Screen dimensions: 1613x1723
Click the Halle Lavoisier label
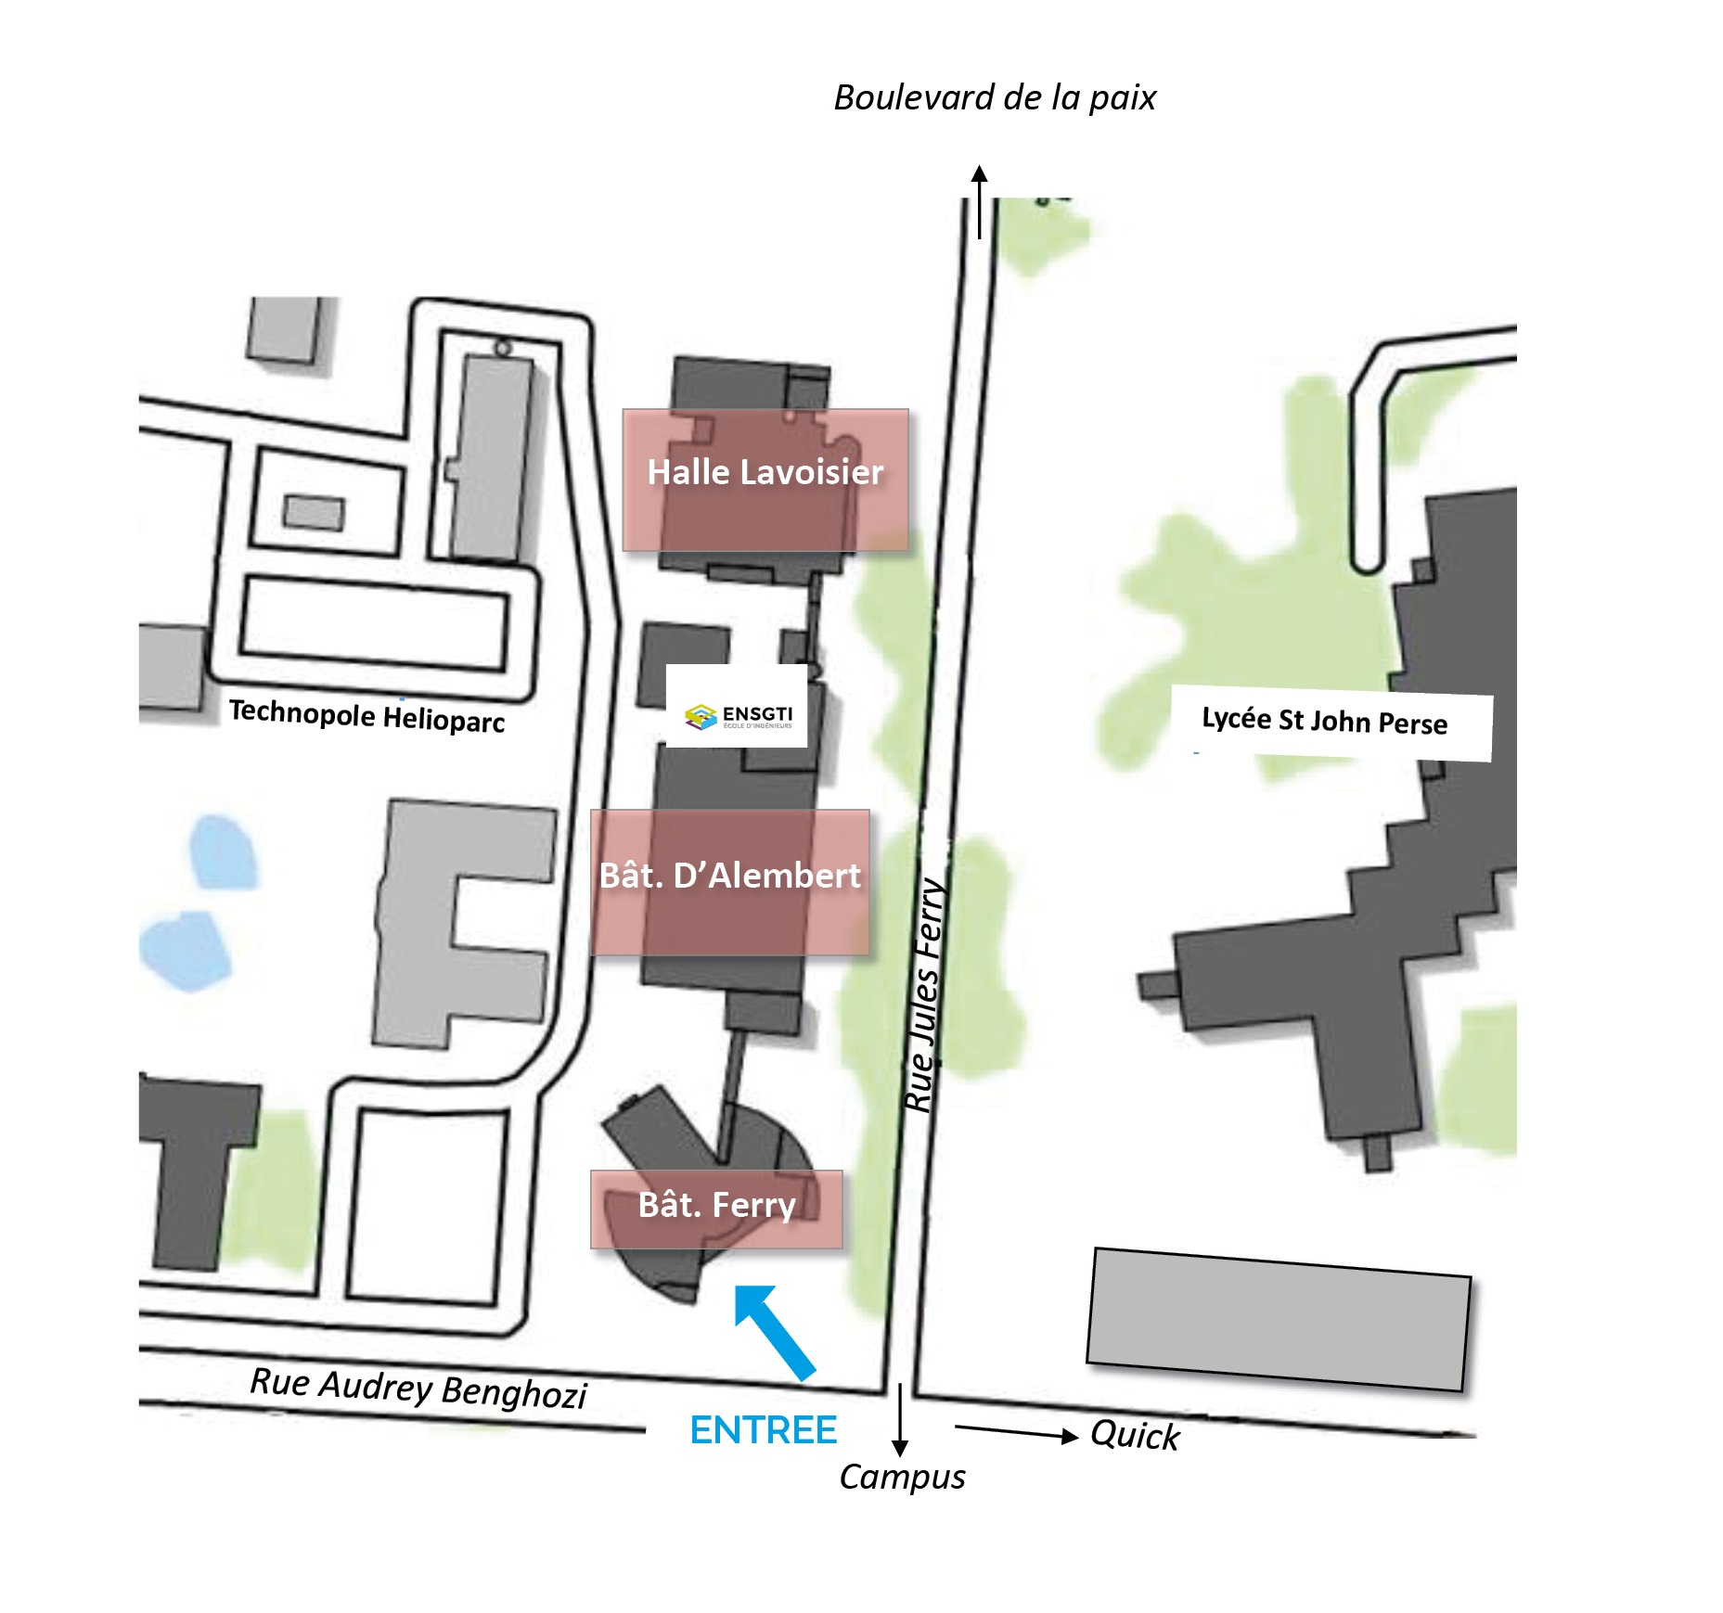(765, 473)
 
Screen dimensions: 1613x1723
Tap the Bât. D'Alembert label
(729, 877)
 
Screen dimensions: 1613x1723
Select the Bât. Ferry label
(716, 1206)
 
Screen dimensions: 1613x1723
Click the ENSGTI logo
(737, 715)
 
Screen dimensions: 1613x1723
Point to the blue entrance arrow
(774, 1331)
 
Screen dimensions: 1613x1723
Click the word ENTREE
(763, 1431)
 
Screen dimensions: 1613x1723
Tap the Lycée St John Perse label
(1324, 721)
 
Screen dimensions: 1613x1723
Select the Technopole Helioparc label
(366, 715)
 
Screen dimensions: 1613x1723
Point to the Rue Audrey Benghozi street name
(418, 1388)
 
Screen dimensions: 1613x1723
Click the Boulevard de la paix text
(995, 98)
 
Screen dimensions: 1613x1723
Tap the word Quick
(1134, 1435)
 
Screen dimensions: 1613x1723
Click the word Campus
(902, 1477)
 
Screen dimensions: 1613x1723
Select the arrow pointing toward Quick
(1016, 1432)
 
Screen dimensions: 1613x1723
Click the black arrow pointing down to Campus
(899, 1420)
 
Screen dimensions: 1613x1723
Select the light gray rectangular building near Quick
(1278, 1319)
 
